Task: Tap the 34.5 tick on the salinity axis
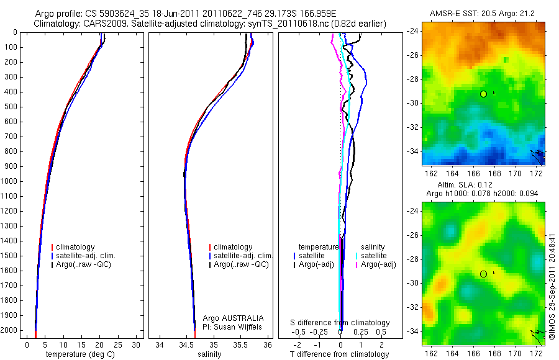pyautogui.click(x=186, y=344)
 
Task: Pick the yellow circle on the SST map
pyautogui.click(x=483, y=94)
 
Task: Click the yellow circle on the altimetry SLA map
pyautogui.click(x=483, y=274)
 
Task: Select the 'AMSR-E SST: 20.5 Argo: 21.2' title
pyautogui.click(x=483, y=14)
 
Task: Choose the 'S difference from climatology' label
pyautogui.click(x=340, y=323)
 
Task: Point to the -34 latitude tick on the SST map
pyautogui.click(x=414, y=151)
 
